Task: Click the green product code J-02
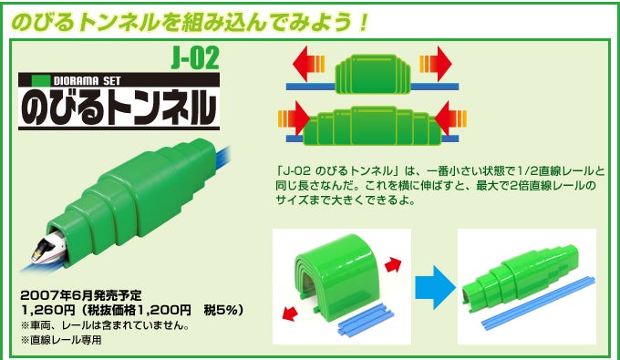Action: pos(195,59)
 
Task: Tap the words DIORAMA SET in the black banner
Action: pos(87,81)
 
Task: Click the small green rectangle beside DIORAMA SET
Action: pos(41,80)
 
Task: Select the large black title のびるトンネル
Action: pos(119,107)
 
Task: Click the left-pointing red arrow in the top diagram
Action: pos(308,64)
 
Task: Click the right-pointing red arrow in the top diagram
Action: pos(436,64)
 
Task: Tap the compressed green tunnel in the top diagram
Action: pos(373,74)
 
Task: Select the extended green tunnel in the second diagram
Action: pos(372,125)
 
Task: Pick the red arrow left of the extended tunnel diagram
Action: pos(294,118)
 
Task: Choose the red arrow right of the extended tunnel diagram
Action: pos(450,118)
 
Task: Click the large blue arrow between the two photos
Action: pos(435,287)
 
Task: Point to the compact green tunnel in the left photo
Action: pos(336,272)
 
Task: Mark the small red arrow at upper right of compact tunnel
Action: pos(393,265)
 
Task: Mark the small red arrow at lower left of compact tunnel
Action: pos(290,314)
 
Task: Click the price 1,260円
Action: pos(48,311)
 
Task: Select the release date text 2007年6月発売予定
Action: pos(80,295)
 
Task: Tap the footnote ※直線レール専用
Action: pos(62,340)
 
